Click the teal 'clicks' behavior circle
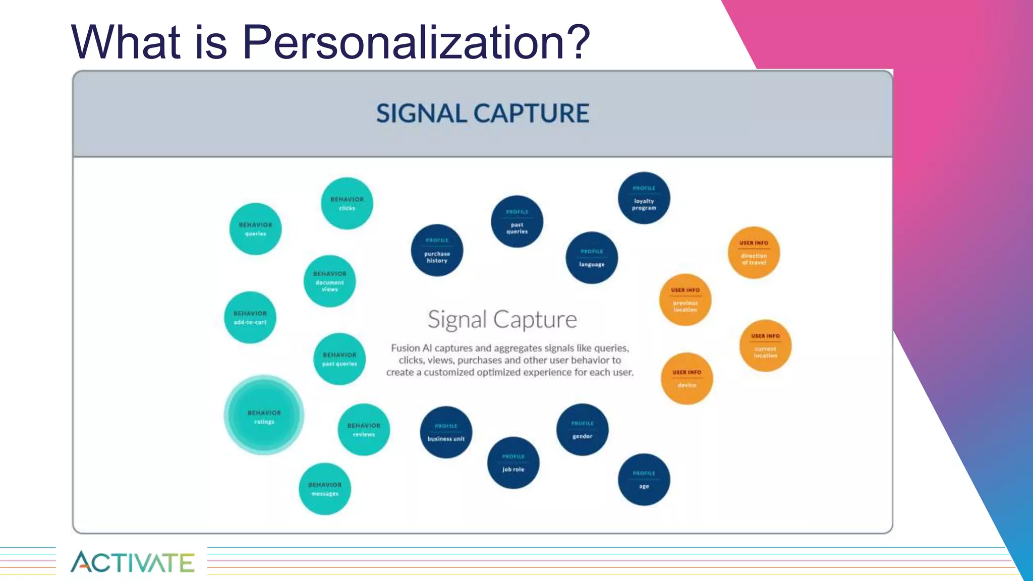347,203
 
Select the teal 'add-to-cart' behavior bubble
250,318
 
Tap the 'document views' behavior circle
330,281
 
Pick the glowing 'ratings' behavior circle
264,415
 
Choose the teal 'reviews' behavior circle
364,430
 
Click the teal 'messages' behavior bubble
325,489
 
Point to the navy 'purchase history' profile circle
437,251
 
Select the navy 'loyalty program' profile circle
644,198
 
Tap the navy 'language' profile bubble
592,258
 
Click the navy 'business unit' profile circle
446,432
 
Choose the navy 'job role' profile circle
513,463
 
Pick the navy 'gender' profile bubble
582,430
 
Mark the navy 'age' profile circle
644,480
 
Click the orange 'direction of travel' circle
754,253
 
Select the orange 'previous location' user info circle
685,300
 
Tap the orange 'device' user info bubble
686,379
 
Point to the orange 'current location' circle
765,346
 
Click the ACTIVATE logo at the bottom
132,562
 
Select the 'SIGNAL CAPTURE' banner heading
483,113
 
